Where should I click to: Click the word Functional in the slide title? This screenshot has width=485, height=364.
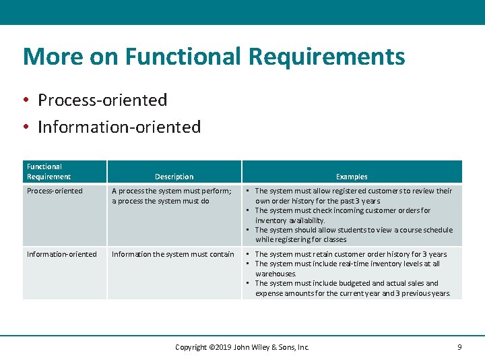182,57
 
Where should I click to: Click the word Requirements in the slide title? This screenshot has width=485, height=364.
327,57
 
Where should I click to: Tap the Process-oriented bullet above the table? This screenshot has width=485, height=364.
102,100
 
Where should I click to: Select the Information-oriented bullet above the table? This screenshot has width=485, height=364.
119,127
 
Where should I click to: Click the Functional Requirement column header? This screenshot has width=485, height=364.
48,172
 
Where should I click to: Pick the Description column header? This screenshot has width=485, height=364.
174,177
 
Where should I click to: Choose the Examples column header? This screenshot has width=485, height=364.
352,177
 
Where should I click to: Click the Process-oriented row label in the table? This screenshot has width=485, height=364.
55,191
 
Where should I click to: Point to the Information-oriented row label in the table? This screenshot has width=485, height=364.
62,254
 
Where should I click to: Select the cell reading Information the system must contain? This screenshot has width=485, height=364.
173,254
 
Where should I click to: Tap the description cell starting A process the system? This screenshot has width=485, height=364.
171,196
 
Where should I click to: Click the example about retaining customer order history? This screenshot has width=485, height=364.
350,254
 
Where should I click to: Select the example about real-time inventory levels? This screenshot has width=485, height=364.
347,268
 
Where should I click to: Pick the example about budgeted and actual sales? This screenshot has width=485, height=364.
352,289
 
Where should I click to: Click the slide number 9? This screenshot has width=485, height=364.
459,347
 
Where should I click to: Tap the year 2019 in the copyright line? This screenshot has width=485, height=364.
220,347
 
